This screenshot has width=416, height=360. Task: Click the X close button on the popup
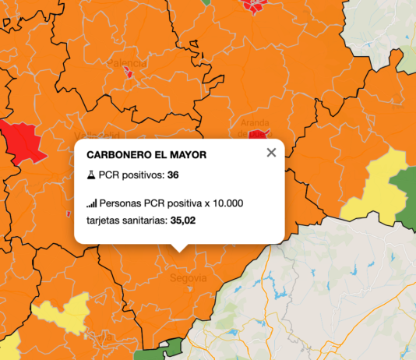(271, 153)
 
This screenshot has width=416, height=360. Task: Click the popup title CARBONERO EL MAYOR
(146, 155)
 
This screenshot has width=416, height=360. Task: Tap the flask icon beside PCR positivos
(91, 175)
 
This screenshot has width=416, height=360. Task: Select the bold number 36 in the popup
(173, 175)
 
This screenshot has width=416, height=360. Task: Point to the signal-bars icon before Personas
(91, 203)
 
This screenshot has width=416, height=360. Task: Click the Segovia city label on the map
(189, 277)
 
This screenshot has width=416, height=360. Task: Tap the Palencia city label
(126, 62)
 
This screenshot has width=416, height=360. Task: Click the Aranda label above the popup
(255, 123)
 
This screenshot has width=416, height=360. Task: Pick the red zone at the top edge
(255, 5)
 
